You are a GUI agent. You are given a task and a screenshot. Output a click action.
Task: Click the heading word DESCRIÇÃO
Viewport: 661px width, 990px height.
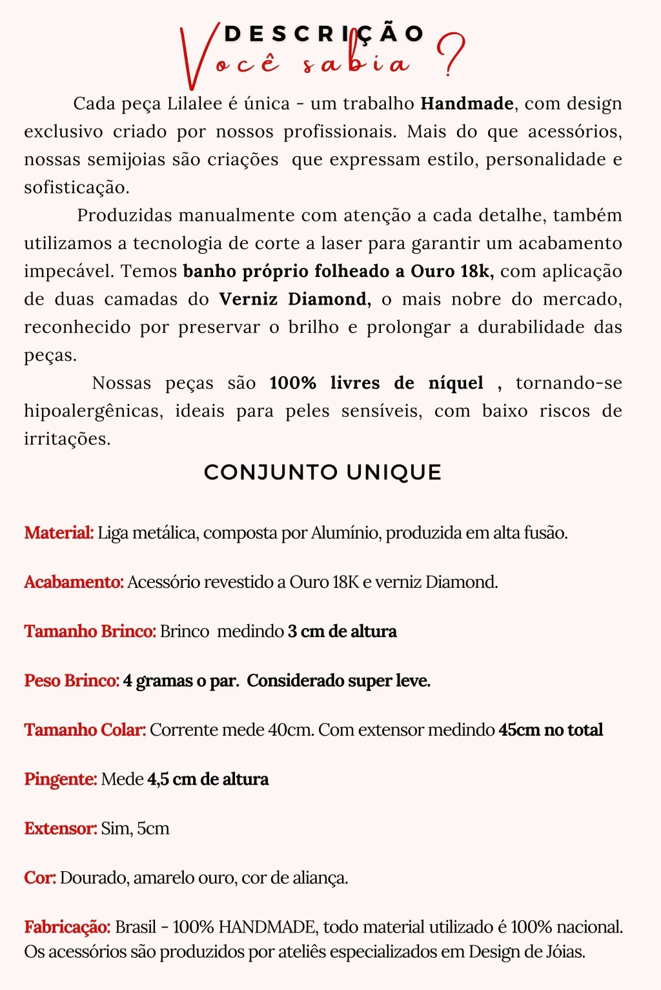point(323,34)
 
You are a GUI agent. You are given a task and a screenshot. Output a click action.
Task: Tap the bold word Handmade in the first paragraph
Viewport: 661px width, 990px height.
point(467,103)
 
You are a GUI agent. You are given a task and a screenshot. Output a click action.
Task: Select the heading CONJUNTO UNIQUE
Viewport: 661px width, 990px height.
point(323,472)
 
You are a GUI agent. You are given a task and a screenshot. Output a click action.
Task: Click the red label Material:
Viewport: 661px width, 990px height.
point(59,533)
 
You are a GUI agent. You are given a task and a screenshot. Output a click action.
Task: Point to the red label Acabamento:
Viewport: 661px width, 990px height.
point(74,582)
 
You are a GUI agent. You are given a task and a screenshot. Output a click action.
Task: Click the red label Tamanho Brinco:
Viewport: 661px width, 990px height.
point(90,631)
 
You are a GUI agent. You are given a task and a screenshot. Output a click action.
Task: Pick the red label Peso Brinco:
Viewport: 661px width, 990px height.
point(72,681)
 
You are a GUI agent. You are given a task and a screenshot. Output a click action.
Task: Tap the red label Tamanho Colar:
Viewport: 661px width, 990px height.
point(85,730)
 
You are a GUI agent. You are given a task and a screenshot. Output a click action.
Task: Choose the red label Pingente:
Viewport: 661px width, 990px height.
point(61,780)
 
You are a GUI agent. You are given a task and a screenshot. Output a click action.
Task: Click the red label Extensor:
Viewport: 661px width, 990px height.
point(61,829)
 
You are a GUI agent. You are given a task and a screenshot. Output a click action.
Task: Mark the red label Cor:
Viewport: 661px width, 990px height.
point(40,878)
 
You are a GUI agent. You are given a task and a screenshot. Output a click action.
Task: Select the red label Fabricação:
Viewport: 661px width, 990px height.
point(67,927)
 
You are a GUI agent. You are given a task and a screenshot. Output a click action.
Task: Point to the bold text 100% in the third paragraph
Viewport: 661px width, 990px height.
point(292,383)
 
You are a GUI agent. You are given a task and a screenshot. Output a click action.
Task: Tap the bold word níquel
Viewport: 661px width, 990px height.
point(456,383)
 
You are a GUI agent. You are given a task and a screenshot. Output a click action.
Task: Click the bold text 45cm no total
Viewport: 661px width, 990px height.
point(551,730)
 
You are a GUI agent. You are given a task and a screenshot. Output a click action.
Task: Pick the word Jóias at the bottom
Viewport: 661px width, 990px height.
point(565,952)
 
